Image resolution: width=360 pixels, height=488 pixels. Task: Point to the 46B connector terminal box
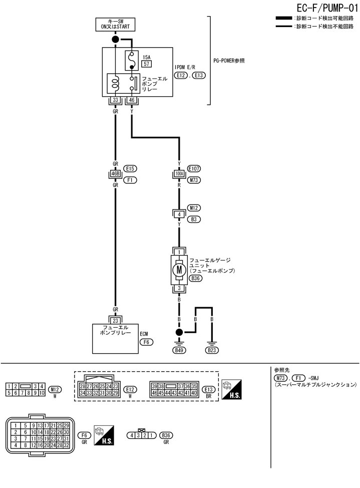click(115, 174)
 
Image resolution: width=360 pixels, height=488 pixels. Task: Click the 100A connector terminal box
click(179, 174)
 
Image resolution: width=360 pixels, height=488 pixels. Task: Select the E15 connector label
click(132, 169)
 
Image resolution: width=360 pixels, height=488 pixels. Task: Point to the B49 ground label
click(179, 350)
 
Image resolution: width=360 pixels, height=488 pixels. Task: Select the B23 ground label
click(212, 350)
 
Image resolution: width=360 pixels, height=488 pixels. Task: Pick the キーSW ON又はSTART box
click(116, 24)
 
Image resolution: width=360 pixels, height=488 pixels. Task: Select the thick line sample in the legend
click(285, 19)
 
